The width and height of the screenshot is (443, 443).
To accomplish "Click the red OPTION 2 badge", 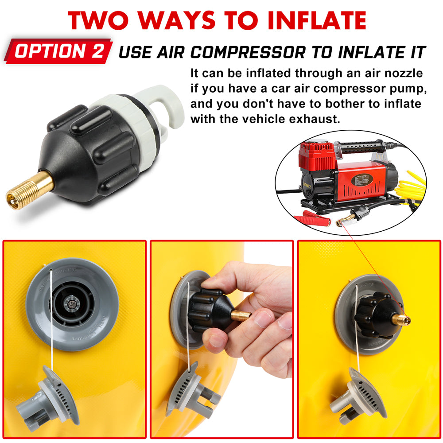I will (58, 51).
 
